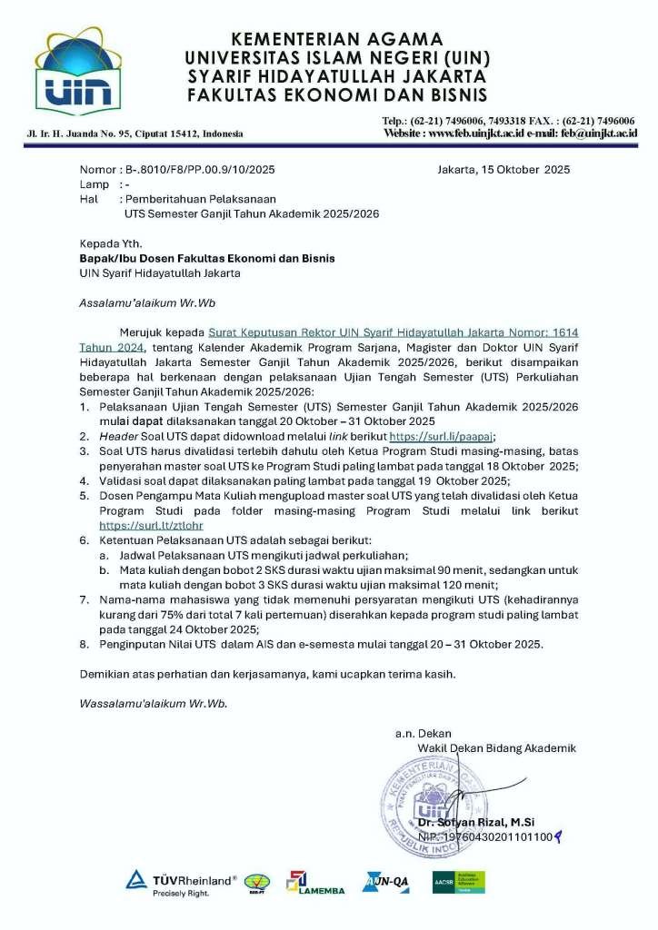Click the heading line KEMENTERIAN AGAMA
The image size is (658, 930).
click(x=336, y=39)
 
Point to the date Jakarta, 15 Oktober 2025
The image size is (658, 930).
click(x=503, y=170)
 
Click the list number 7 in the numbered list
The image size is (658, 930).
click(x=83, y=600)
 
